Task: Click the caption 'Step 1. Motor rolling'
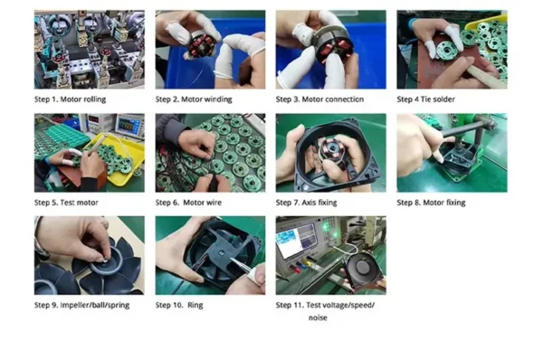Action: pyautogui.click(x=70, y=99)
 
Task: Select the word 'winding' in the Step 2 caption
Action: pyautogui.click(x=219, y=99)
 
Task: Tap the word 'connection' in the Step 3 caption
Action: pyautogui.click(x=344, y=99)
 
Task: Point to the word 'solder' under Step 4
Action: pyautogui.click(x=443, y=99)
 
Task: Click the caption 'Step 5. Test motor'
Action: pyautogui.click(x=66, y=203)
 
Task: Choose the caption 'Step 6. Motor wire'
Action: pyautogui.click(x=188, y=203)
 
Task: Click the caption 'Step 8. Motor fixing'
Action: pyautogui.click(x=431, y=203)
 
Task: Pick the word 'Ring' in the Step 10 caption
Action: pyautogui.click(x=195, y=306)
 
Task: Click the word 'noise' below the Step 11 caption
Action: pyautogui.click(x=318, y=317)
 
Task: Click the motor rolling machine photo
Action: pyautogui.click(x=90, y=50)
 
